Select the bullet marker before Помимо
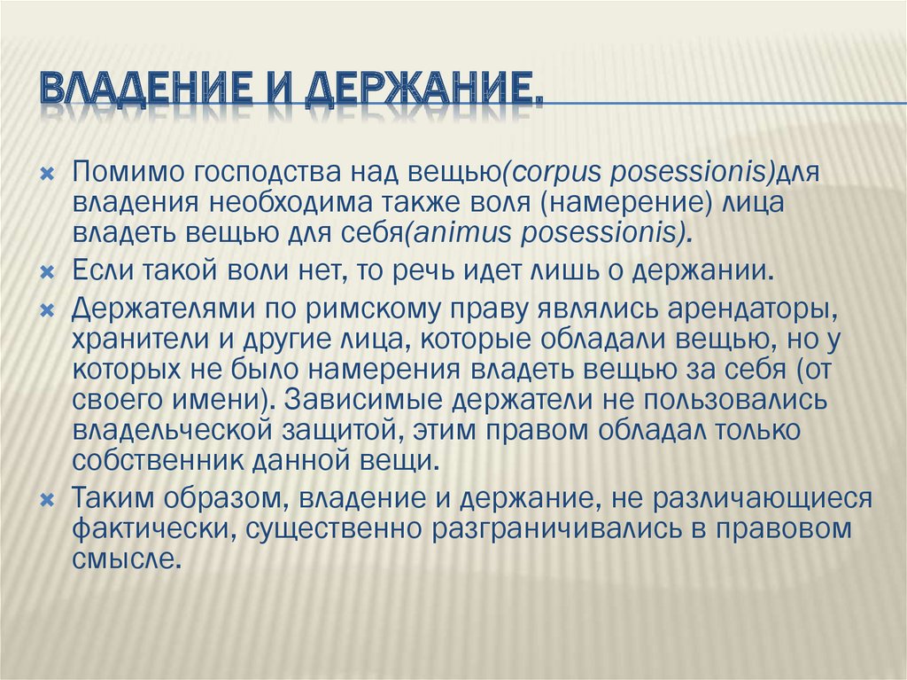click(48, 174)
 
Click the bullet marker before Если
click(48, 271)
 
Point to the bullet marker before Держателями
click(48, 311)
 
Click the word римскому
click(369, 311)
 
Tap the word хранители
click(141, 340)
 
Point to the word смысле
click(123, 559)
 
